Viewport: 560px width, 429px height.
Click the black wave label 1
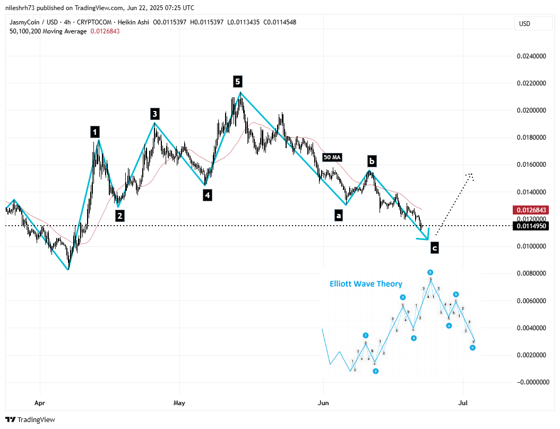94,131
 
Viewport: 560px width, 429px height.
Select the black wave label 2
120,216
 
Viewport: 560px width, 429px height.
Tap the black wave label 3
154,114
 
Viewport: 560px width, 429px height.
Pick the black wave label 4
207,195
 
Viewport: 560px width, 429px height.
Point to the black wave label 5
237,81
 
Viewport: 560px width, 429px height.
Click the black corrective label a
338,215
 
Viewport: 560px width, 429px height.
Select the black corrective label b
372,161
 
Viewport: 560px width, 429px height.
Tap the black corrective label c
434,247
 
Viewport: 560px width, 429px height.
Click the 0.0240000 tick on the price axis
531,56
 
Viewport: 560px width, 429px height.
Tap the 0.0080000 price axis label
531,273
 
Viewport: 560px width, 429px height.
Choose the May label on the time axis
179,404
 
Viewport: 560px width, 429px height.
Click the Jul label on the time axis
463,404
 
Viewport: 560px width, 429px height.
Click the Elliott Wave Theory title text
366,284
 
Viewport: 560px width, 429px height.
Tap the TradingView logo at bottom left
30,419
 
